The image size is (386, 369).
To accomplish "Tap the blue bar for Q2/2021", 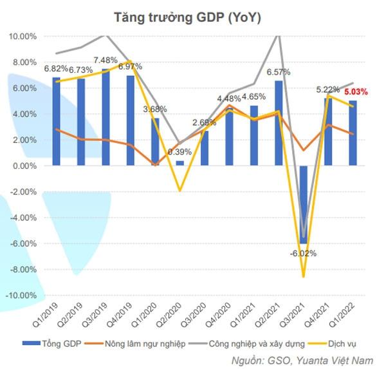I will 279,123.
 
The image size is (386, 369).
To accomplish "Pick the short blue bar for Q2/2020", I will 179,164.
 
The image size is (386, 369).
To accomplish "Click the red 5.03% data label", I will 355,92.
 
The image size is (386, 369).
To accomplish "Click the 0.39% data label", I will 180,152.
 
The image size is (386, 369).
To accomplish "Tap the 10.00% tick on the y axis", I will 23,36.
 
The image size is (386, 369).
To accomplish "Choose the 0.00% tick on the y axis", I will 24,166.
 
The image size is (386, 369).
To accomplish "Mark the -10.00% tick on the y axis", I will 21,296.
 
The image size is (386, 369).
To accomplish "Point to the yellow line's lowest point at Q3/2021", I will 304,277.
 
